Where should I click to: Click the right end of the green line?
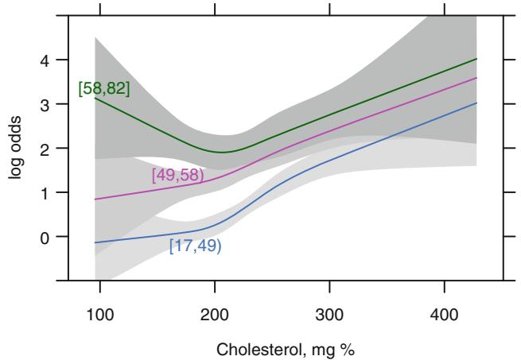476,59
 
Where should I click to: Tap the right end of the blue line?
476,103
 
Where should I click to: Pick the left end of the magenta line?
95,199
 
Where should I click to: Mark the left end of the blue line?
95,242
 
